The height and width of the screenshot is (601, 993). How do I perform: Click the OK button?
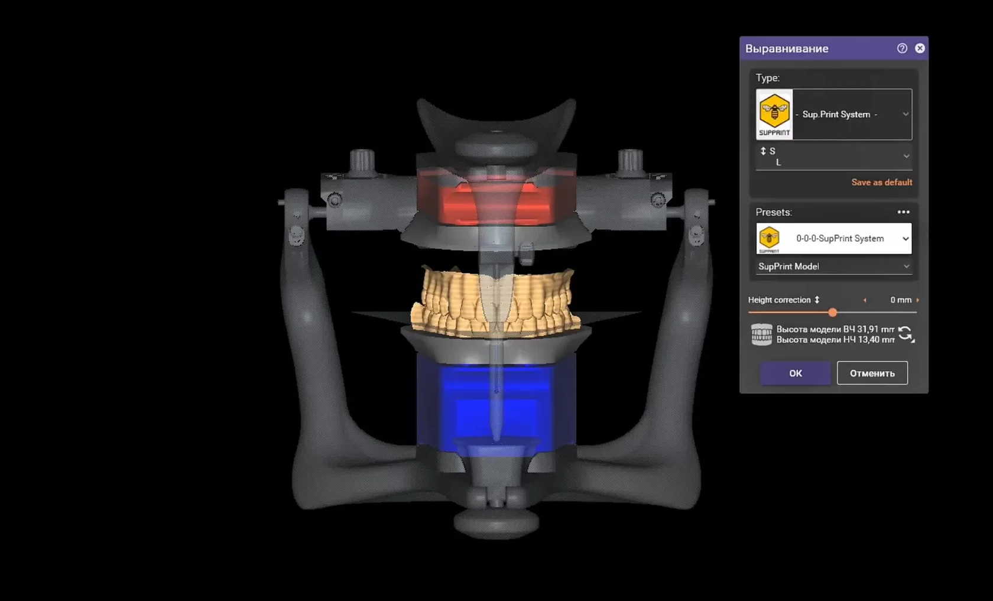click(796, 373)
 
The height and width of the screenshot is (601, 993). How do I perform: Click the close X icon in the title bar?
click(920, 48)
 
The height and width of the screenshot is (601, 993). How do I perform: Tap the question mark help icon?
click(902, 48)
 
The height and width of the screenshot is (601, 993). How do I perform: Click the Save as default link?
click(881, 182)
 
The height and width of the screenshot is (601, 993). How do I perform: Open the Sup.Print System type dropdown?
click(834, 115)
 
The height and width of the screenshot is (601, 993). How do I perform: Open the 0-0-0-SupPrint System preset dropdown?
click(834, 239)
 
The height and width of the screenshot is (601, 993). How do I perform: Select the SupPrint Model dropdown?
click(834, 267)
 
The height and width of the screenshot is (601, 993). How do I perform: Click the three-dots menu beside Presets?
click(903, 212)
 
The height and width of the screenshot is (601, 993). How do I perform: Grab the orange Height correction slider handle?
click(832, 313)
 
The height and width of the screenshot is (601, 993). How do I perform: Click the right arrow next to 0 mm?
click(917, 300)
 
